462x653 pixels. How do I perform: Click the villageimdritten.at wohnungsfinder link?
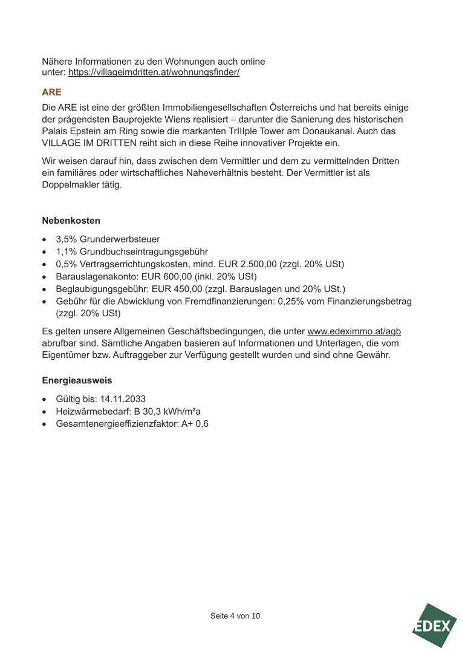pyautogui.click(x=154, y=72)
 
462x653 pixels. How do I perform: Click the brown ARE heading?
pyautogui.click(x=51, y=93)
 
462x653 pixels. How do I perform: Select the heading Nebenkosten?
pyautogui.click(x=71, y=221)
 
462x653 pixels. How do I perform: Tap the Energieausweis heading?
pyautogui.click(x=77, y=380)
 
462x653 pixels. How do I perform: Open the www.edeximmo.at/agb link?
pyautogui.click(x=354, y=331)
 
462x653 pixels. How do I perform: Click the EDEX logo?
pyautogui.click(x=434, y=626)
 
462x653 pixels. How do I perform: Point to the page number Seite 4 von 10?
pyautogui.click(x=235, y=616)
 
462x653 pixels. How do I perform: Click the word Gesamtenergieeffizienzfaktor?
pyautogui.click(x=117, y=424)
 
